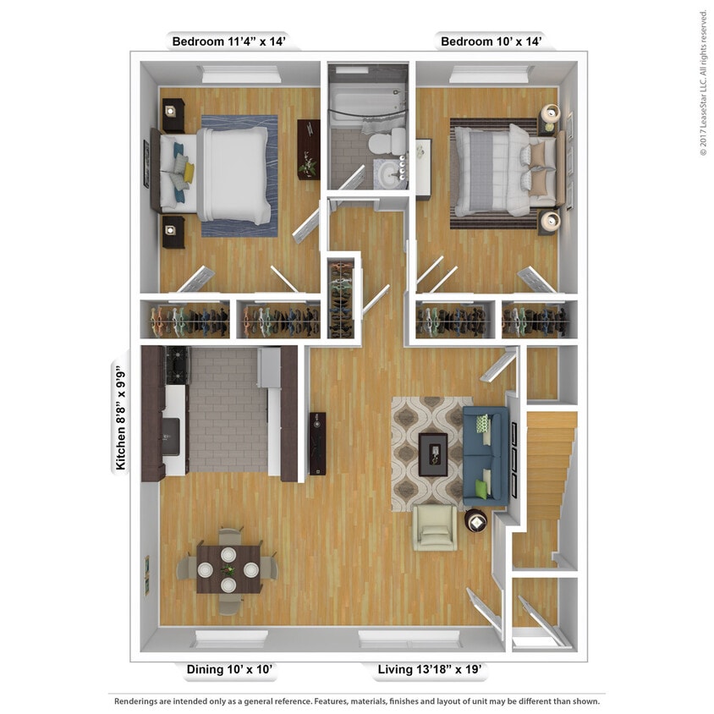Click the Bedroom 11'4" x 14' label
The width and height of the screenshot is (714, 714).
235,41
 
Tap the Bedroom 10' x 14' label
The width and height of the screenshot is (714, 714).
489,41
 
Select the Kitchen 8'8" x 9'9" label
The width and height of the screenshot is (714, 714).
121,417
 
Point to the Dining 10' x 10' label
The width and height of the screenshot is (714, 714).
229,670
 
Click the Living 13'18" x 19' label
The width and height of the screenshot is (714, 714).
429,670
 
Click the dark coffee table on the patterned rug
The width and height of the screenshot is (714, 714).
433,449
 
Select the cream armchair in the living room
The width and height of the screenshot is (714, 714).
435,528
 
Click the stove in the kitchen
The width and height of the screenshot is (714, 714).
178,365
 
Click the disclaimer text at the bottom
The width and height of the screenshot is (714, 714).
357,701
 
